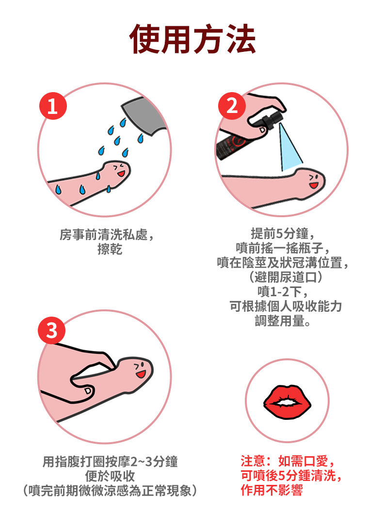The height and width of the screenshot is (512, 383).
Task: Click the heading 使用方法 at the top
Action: (x=192, y=38)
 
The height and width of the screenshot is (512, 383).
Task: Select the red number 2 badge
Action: (x=232, y=106)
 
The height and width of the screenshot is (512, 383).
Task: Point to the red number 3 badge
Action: (x=52, y=332)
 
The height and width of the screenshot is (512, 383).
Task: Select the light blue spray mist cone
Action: (x=291, y=148)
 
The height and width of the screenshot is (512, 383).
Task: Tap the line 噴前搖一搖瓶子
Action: (x=283, y=248)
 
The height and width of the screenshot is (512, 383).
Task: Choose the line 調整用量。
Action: (x=283, y=321)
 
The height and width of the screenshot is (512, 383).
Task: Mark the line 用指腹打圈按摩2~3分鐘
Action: (x=110, y=462)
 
